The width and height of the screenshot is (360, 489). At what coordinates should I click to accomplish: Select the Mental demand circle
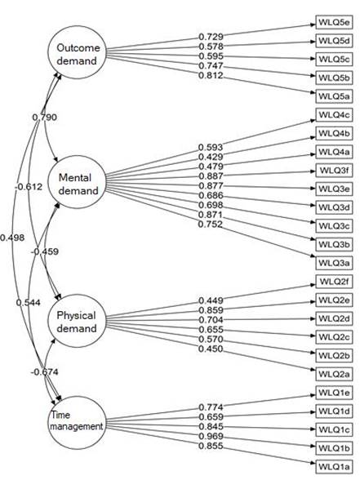coord(78,183)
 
